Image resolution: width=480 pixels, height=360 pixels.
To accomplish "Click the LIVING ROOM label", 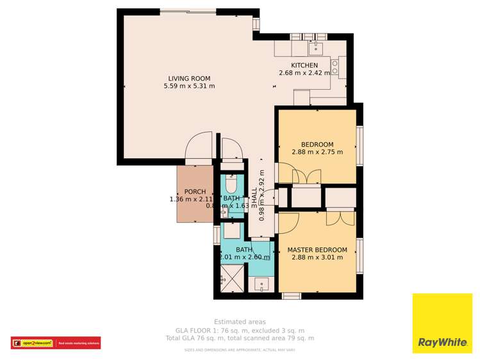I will point(189,78).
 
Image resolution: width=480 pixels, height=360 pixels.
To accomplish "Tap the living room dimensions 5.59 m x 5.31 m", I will point(189,86).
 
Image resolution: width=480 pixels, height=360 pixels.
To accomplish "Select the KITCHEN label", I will point(304,65).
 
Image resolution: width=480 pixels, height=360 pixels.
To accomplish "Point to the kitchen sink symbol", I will point(315,47).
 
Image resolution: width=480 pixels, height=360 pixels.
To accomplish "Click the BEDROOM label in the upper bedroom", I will point(317,144).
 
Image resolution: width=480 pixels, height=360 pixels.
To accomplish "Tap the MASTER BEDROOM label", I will point(317,250).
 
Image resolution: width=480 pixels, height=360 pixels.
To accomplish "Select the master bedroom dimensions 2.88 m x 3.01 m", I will point(317,258).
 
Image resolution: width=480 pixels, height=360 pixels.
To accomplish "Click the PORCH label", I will point(195,192).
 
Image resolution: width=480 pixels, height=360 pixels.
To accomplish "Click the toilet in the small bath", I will point(231,185).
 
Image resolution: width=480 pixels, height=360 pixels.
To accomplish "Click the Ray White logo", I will point(442,323).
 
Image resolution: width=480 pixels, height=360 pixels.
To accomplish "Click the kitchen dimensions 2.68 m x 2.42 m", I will point(304,73).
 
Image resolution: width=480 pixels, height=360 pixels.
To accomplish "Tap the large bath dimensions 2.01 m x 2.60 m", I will point(244,258).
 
